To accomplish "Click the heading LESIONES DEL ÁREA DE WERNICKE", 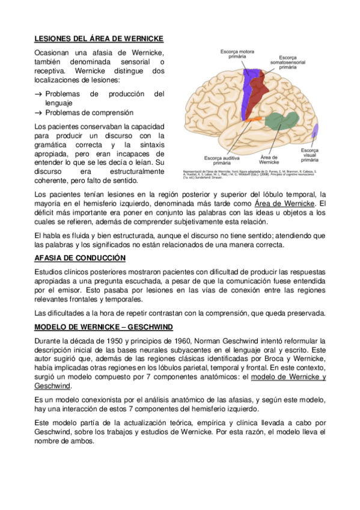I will [x=99, y=38].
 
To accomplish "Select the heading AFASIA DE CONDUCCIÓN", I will [x=80, y=258].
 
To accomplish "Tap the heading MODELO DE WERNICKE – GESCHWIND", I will [x=104, y=327].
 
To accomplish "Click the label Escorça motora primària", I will [x=236, y=55].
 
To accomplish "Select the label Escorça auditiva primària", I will [x=221, y=159].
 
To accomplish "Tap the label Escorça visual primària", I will [x=310, y=155].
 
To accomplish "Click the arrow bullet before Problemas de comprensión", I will [x=38, y=112].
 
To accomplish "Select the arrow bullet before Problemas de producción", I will [x=38, y=94].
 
